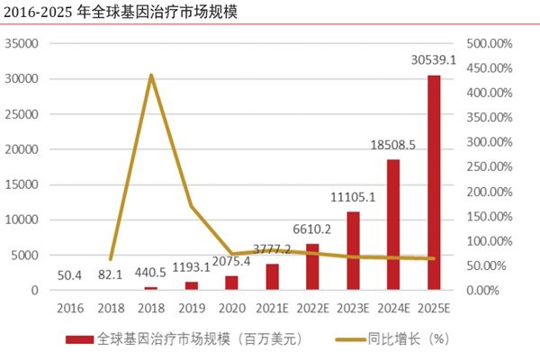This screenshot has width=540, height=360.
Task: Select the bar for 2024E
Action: (393, 225)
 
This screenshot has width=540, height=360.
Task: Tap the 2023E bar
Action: (353, 251)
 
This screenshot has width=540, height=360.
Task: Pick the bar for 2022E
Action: (312, 267)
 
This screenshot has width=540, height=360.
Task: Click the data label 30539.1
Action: (434, 61)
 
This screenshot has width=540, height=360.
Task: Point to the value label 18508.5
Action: (393, 144)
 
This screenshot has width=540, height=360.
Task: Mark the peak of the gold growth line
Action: (150, 75)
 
